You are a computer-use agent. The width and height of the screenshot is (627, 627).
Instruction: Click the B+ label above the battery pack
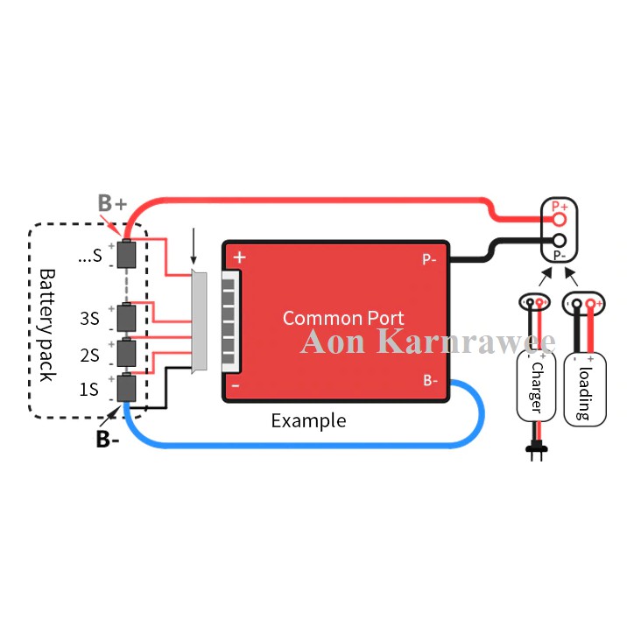(112, 203)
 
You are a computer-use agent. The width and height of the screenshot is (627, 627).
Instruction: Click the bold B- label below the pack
(108, 439)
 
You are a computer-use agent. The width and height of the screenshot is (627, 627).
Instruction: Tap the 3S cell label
(88, 319)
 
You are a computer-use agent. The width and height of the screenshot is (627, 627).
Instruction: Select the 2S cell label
(88, 355)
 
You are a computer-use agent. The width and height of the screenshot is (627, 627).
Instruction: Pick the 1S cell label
(88, 389)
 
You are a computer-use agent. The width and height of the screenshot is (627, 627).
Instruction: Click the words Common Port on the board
(343, 317)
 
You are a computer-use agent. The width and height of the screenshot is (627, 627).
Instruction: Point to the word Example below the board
(308, 420)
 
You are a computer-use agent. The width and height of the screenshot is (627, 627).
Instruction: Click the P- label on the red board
(430, 259)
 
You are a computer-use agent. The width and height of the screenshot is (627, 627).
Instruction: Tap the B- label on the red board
(431, 380)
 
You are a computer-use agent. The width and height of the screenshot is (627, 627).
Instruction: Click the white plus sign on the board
(239, 258)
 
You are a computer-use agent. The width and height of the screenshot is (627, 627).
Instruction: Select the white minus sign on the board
(236, 384)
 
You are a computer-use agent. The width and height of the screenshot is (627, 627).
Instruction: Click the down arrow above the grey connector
(194, 249)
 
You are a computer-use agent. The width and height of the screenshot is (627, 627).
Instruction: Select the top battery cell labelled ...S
(128, 253)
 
